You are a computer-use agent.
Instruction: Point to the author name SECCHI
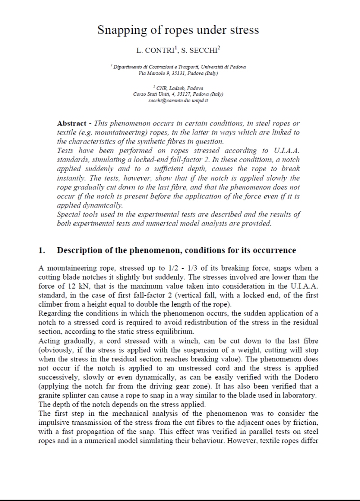[205, 50]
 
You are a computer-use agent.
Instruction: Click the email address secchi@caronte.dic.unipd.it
[178, 100]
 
